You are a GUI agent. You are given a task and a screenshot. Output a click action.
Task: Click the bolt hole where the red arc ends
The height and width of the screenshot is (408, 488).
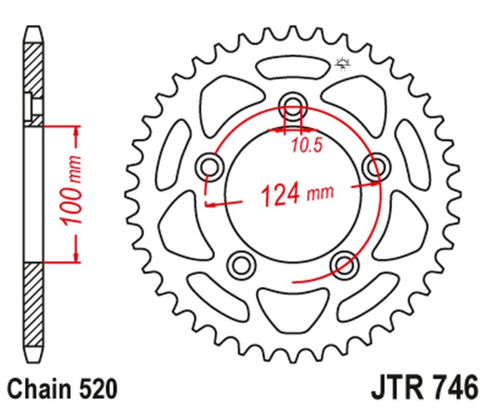point(345,264)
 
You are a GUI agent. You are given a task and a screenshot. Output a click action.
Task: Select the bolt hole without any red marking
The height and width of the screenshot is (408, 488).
point(241,264)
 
